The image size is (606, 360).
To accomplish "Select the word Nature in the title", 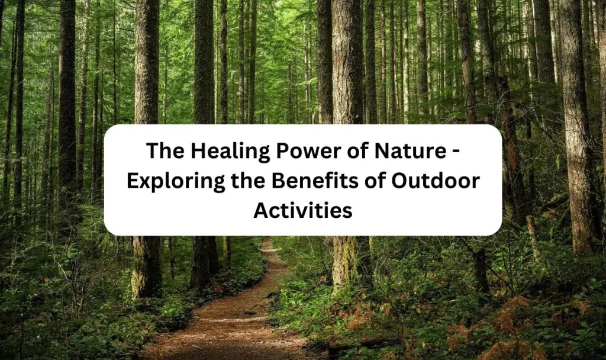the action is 410,150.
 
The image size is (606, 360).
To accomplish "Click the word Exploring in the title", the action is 175,182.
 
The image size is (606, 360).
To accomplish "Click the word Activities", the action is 303,211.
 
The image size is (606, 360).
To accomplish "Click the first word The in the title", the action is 166,150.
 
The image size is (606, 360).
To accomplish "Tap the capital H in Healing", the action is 197,151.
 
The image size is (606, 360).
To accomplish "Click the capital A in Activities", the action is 261,211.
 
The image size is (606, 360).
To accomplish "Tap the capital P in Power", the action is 282,151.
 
